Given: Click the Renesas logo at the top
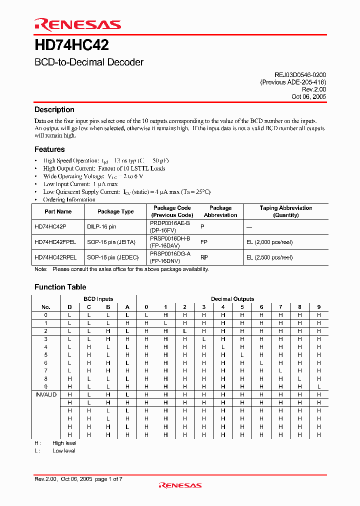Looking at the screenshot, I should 77,24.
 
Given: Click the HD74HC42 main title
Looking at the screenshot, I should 71,46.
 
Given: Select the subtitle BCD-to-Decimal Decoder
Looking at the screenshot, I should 89,62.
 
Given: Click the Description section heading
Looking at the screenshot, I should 54,109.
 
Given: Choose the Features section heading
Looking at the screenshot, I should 49,149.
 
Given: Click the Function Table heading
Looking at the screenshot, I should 60,287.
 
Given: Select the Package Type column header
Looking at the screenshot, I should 115,211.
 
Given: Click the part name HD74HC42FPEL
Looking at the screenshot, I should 55,242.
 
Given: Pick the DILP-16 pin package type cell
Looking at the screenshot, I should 101,226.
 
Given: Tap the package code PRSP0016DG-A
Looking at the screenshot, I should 170,254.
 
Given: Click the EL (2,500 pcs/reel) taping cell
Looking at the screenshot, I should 269,257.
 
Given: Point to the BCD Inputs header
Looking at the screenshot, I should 98,299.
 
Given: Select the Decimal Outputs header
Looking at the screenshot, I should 232,299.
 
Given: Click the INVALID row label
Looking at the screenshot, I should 46,394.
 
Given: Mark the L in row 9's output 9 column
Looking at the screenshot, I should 318,386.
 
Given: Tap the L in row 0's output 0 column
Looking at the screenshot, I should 146,315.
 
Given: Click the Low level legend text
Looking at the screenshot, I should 64,451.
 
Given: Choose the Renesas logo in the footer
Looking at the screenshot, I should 180,485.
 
